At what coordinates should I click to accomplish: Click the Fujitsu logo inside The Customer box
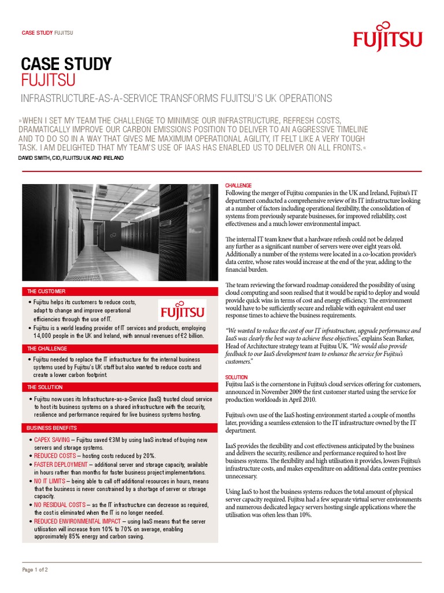pyautogui.click(x=182, y=311)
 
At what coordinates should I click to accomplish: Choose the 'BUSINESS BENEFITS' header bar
pyautogui.click(x=51, y=428)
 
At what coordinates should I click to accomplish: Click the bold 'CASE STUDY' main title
pyautogui.click(x=66, y=64)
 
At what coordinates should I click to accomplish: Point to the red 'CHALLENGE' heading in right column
pyautogui.click(x=239, y=185)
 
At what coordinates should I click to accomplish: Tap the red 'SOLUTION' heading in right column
pyautogui.click(x=236, y=377)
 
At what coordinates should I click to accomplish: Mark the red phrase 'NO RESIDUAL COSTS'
pyautogui.click(x=60, y=505)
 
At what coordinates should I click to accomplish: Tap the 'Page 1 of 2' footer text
pyautogui.click(x=35, y=570)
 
